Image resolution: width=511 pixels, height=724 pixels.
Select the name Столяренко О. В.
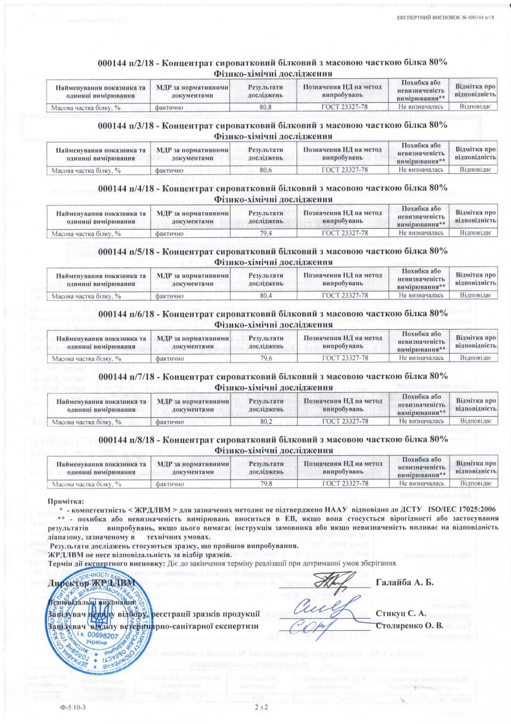(409, 625)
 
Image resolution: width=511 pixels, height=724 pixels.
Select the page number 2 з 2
(260, 707)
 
